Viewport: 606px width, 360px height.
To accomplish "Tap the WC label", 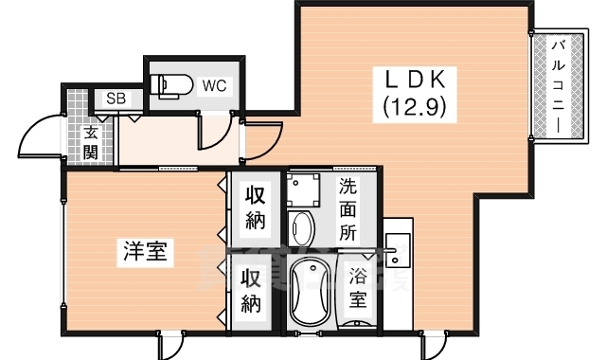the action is [x=214, y=85].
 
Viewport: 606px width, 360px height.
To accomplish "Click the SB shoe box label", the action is [x=116, y=98].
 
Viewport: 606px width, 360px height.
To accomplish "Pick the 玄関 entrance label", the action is [x=91, y=142].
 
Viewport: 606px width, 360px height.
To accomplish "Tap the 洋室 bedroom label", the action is [x=145, y=252].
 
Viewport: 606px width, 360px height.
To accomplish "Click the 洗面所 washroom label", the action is [x=348, y=207].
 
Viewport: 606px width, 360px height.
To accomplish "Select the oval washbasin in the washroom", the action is [x=302, y=228].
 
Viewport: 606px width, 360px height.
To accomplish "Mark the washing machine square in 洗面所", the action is [x=305, y=188].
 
